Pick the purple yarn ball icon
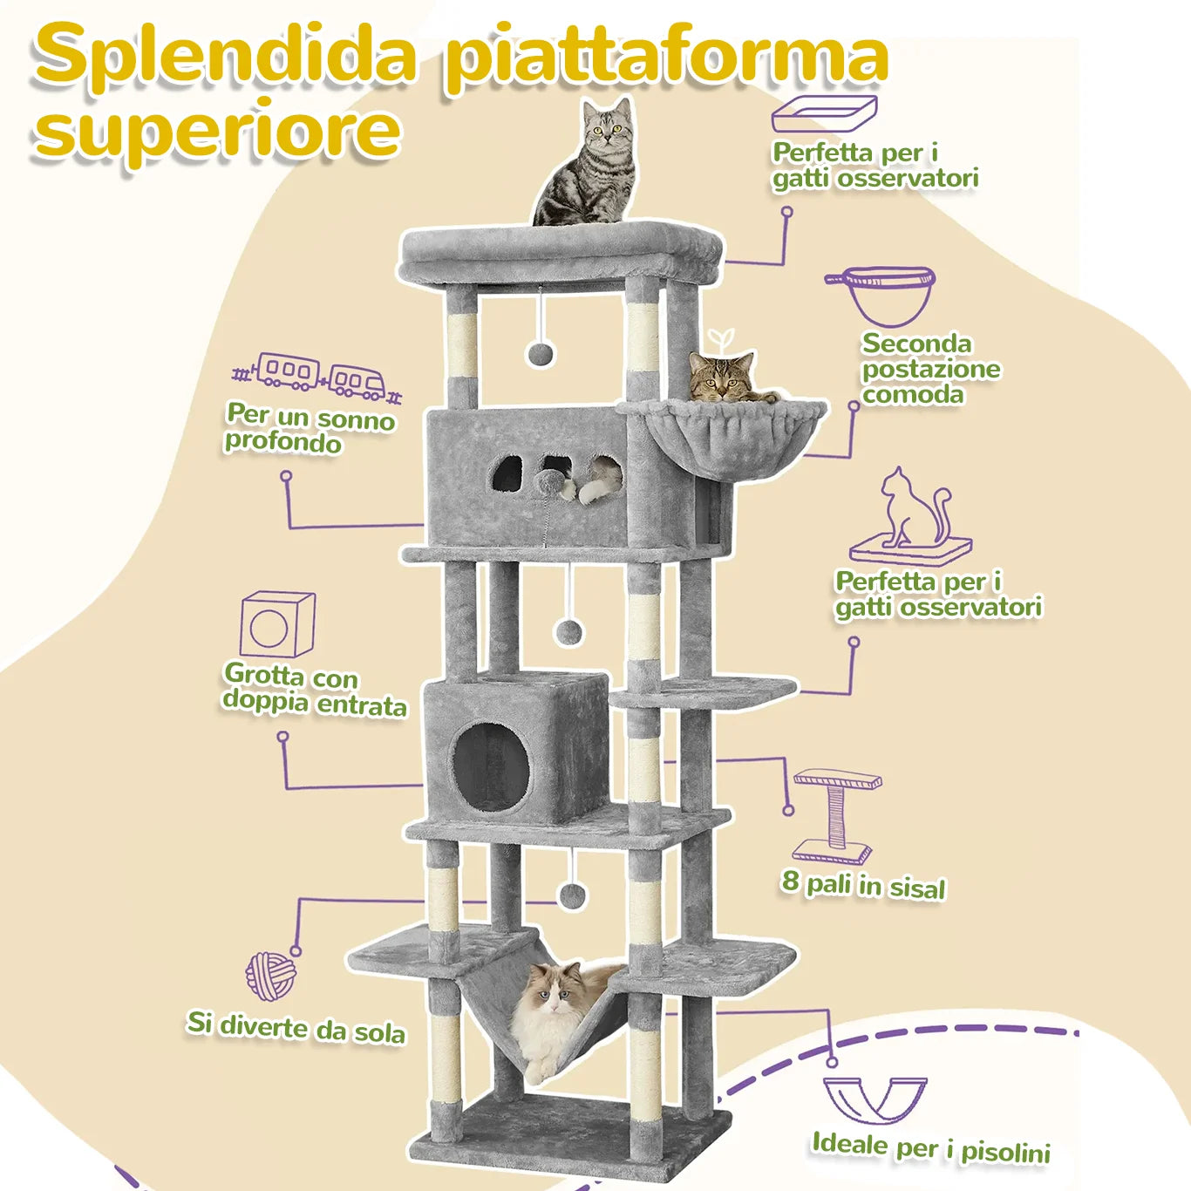tap(270, 976)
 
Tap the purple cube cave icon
tap(276, 623)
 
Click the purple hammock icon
tap(875, 1100)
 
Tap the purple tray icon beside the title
tap(824, 114)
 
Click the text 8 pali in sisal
tap(863, 885)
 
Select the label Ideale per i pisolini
tap(930, 1147)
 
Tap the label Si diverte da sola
tap(296, 1026)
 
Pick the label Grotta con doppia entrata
tap(315, 690)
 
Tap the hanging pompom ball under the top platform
tap(541, 353)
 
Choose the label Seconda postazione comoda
tap(930, 369)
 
